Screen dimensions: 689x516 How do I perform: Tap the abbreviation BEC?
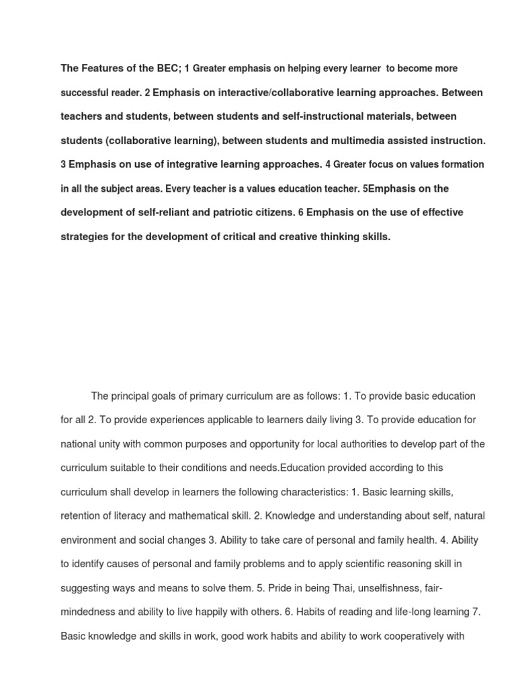[165, 69]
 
